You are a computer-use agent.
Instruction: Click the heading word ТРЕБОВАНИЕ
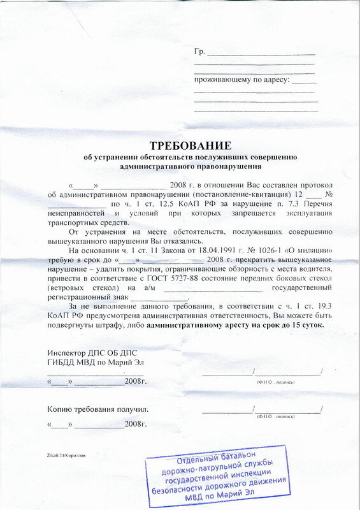point(191,146)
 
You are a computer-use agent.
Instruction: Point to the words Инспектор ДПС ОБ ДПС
point(92,353)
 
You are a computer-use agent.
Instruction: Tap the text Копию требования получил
point(97,409)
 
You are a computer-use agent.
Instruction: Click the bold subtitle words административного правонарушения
point(191,166)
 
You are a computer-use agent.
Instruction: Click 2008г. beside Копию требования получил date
point(136,423)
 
